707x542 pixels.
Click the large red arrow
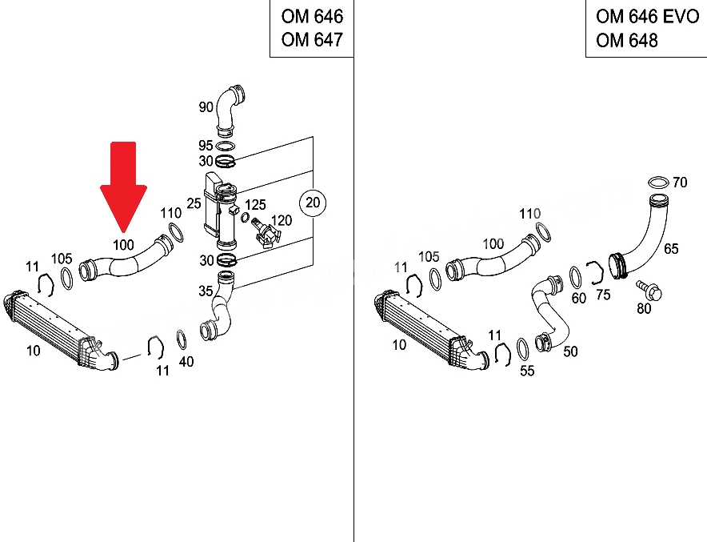pyautogui.click(x=123, y=185)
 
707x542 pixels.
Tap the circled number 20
pyautogui.click(x=313, y=203)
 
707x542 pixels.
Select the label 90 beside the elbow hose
pyautogui.click(x=206, y=107)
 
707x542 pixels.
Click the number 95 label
pyautogui.click(x=206, y=146)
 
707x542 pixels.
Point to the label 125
pyautogui.click(x=255, y=205)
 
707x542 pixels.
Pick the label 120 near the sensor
pyautogui.click(x=282, y=220)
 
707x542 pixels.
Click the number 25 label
pyautogui.click(x=194, y=203)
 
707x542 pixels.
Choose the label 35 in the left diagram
pyautogui.click(x=206, y=291)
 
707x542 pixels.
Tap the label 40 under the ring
pyautogui.click(x=186, y=362)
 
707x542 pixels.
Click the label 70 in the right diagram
pyautogui.click(x=680, y=183)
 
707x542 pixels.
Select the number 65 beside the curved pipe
pyautogui.click(x=671, y=249)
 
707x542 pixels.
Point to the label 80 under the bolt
pyautogui.click(x=644, y=309)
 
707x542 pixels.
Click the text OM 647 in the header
pyautogui.click(x=312, y=40)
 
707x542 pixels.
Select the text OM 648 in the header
pyautogui.click(x=627, y=41)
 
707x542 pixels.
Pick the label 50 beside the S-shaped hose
pyautogui.click(x=570, y=351)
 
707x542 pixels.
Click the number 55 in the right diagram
pyautogui.click(x=527, y=371)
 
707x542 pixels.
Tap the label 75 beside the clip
pyautogui.click(x=603, y=295)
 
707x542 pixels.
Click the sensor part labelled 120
pyautogui.click(x=266, y=232)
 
